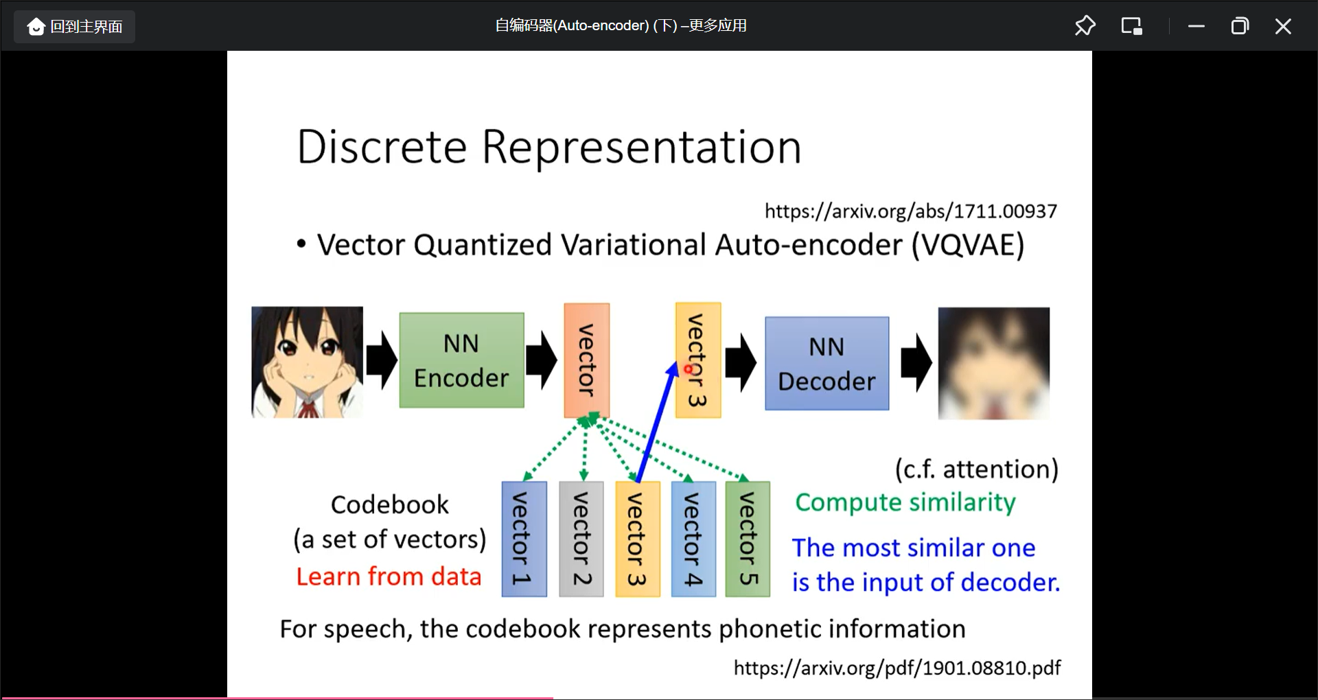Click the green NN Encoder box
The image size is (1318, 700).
461,360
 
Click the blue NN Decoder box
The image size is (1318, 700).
826,364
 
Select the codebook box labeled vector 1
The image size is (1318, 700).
524,539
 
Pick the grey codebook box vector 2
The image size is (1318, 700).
581,539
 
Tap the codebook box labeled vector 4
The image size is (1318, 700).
693,539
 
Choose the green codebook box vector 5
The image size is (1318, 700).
748,539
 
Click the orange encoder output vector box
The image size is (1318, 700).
586,360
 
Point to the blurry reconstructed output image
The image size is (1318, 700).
993,363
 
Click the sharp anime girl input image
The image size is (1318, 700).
307,362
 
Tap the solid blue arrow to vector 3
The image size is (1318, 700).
656,422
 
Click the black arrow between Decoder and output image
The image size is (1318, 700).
916,362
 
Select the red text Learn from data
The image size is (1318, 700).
389,576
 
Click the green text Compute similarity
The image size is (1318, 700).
905,502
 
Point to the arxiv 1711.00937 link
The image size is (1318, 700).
910,211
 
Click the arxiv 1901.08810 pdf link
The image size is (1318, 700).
897,668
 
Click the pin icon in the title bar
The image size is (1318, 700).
1085,26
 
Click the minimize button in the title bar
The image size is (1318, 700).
1196,26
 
